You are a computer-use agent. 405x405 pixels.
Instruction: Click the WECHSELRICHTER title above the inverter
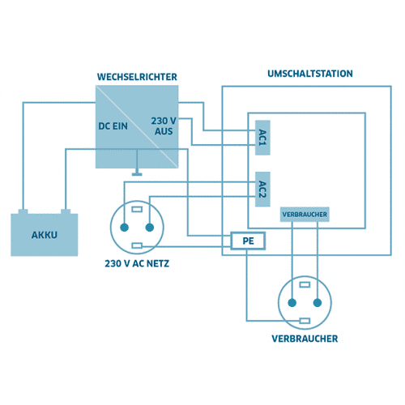tap(137, 77)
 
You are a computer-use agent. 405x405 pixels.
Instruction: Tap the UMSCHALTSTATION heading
tap(310, 74)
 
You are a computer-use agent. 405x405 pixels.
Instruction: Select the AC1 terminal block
tap(262, 138)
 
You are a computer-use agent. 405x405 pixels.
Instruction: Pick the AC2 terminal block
tap(262, 189)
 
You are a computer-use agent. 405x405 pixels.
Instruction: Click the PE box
tap(248, 241)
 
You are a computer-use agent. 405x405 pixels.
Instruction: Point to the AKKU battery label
tap(45, 235)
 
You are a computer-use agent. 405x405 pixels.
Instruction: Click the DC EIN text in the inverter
tap(113, 126)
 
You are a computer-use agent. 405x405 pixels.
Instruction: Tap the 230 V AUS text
tap(164, 126)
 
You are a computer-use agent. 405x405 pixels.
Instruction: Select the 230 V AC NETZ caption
tap(137, 263)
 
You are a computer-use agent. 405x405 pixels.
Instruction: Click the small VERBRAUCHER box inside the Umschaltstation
tap(305, 215)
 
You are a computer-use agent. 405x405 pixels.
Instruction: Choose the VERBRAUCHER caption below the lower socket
tap(305, 339)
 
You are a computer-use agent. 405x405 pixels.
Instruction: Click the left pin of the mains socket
tap(124, 228)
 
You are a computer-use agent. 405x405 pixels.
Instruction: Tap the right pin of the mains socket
tap(150, 228)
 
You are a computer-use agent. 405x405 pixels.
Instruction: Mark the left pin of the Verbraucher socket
tap(292, 303)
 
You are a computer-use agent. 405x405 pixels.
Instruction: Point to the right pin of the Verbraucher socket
tap(318, 303)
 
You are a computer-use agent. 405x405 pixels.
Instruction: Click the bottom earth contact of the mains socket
tap(137, 245)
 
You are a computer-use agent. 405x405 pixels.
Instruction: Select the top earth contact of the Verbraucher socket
tap(305, 284)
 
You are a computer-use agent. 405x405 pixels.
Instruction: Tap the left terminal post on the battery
tap(23, 211)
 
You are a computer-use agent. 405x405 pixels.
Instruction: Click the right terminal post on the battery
tap(66, 211)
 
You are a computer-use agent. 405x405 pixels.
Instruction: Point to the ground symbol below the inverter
tap(137, 173)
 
